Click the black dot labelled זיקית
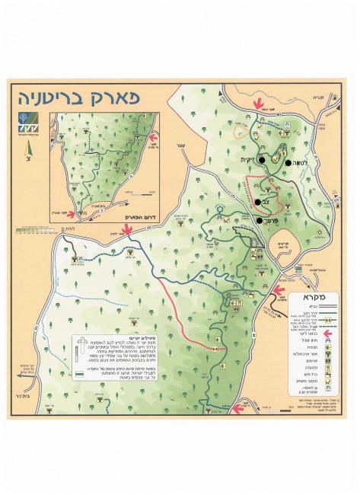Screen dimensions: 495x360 point(261,159)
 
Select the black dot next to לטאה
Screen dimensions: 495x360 point(288,162)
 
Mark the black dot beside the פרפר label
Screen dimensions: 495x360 point(260,221)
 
